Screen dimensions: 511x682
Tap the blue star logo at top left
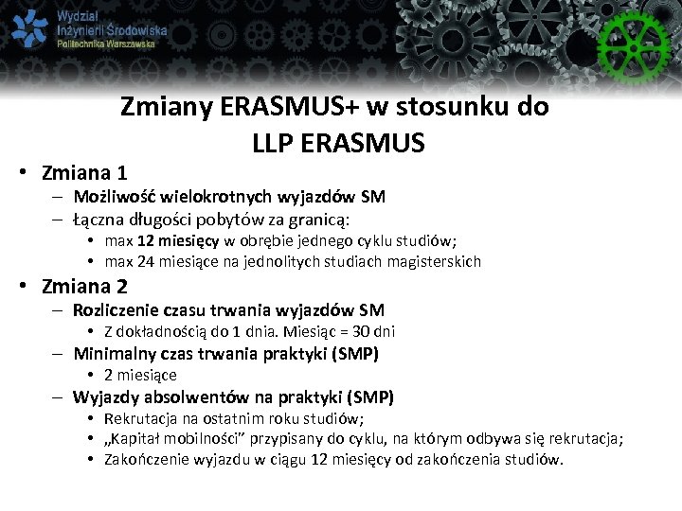point(29,29)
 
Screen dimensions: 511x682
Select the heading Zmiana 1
point(85,173)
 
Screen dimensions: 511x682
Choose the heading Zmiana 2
point(85,286)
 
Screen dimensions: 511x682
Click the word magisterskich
point(438,261)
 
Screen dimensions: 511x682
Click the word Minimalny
point(112,354)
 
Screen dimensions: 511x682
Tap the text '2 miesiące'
point(140,375)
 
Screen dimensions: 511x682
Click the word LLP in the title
point(276,143)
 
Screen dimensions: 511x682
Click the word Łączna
point(99,220)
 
